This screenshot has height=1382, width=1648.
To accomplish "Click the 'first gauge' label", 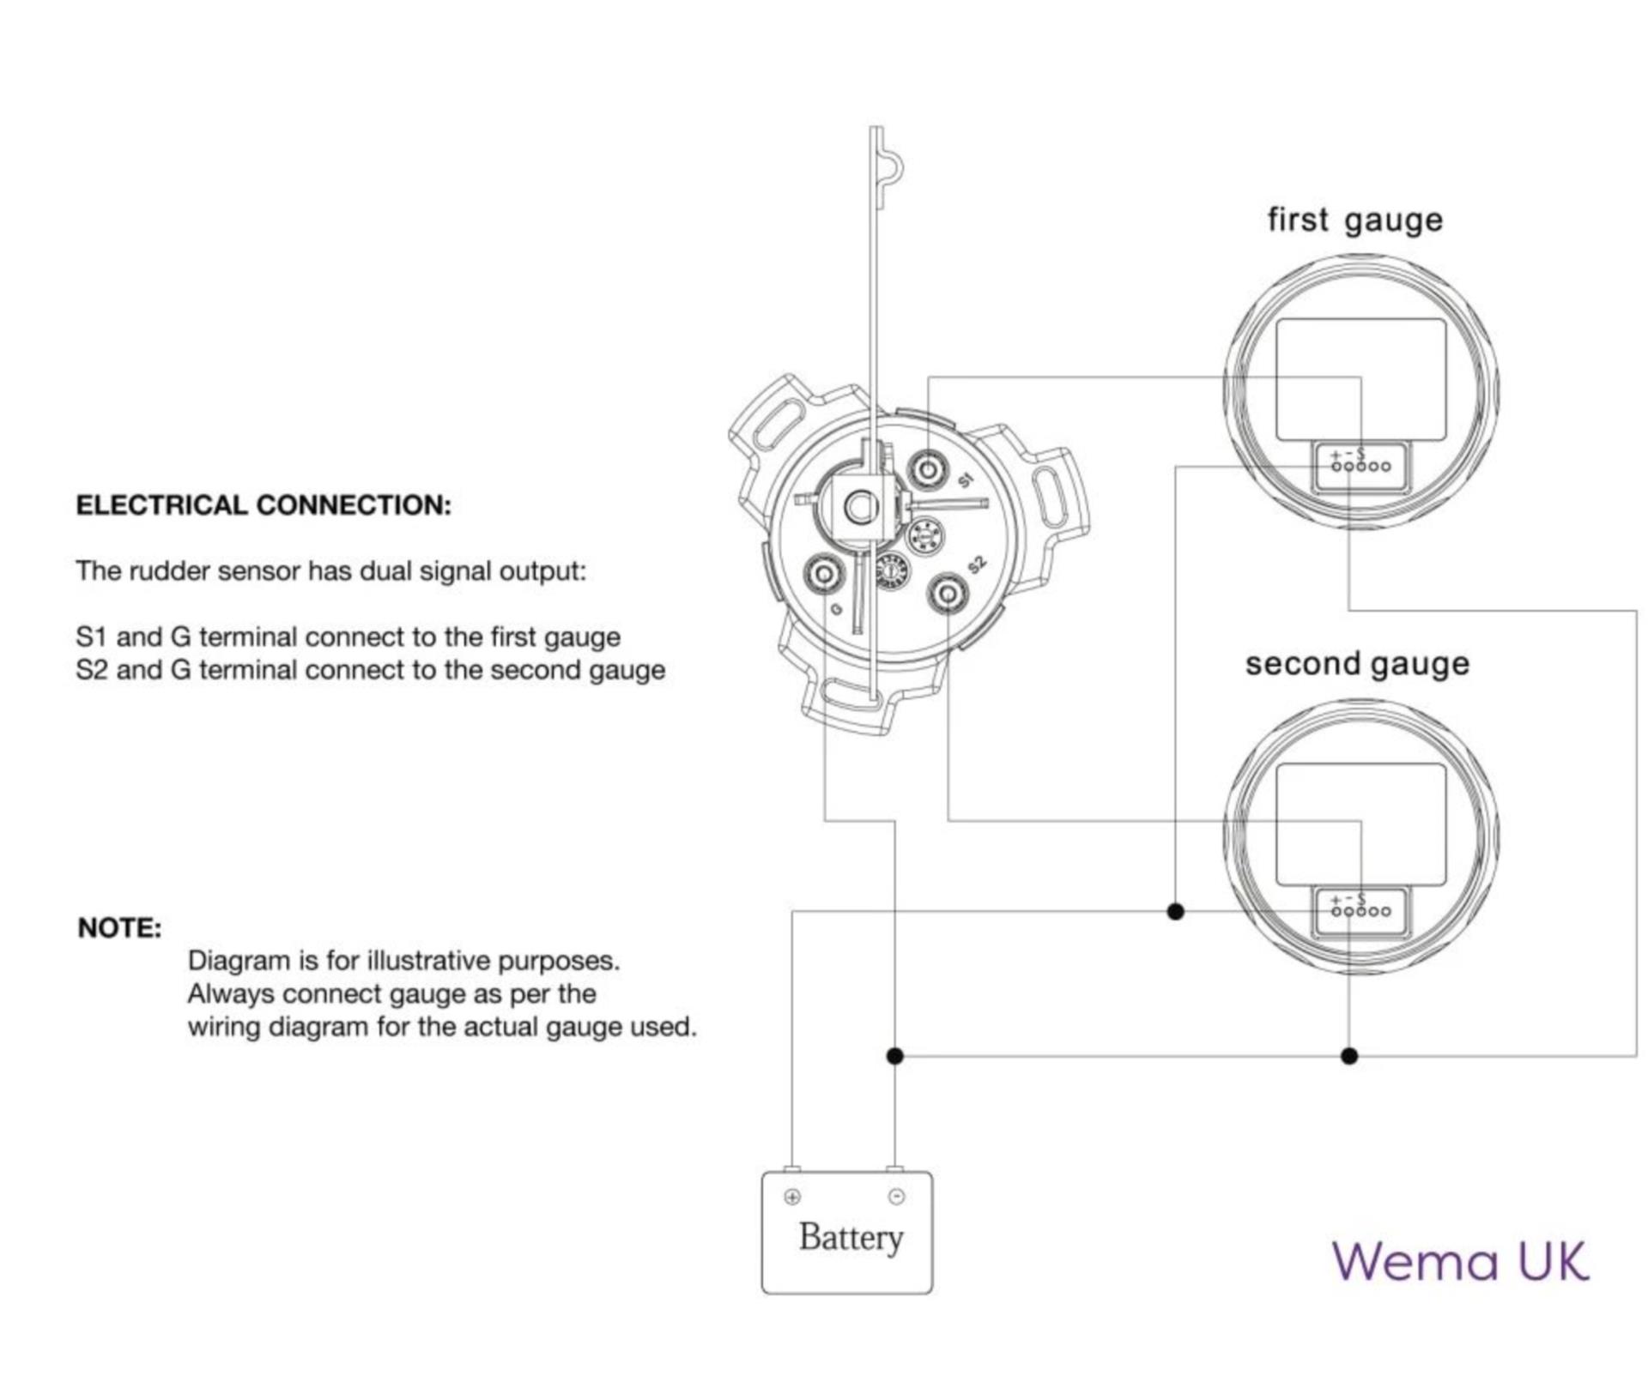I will coord(1354,220).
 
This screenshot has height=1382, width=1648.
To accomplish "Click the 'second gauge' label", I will coord(1357,664).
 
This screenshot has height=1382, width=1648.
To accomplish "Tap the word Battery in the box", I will coord(851,1237).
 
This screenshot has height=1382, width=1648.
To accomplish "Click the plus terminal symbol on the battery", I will coord(792,1197).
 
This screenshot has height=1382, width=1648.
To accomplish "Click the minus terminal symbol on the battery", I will coord(896,1197).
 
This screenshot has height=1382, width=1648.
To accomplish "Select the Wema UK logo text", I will coord(1460,1261).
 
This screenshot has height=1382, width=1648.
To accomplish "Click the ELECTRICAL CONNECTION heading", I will coord(264,505).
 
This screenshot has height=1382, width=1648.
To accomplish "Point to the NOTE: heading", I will coord(119,927).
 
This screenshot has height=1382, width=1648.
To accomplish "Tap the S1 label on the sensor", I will coord(966,480).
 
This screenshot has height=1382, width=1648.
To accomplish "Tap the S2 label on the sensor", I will coord(977,564).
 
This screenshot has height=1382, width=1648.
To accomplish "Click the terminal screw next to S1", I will coord(928,469).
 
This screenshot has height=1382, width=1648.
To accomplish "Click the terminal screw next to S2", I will coord(948,594).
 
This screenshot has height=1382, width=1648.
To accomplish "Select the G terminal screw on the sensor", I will coord(824,572).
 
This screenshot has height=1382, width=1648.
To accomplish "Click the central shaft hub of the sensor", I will coord(860,507).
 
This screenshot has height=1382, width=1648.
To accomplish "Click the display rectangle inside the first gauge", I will coord(1360,379).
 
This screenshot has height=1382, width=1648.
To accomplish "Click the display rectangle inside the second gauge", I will coord(1360,824).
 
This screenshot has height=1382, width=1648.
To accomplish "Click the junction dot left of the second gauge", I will coord(1176,911).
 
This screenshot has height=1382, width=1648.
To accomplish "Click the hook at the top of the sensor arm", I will coord(889,167).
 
